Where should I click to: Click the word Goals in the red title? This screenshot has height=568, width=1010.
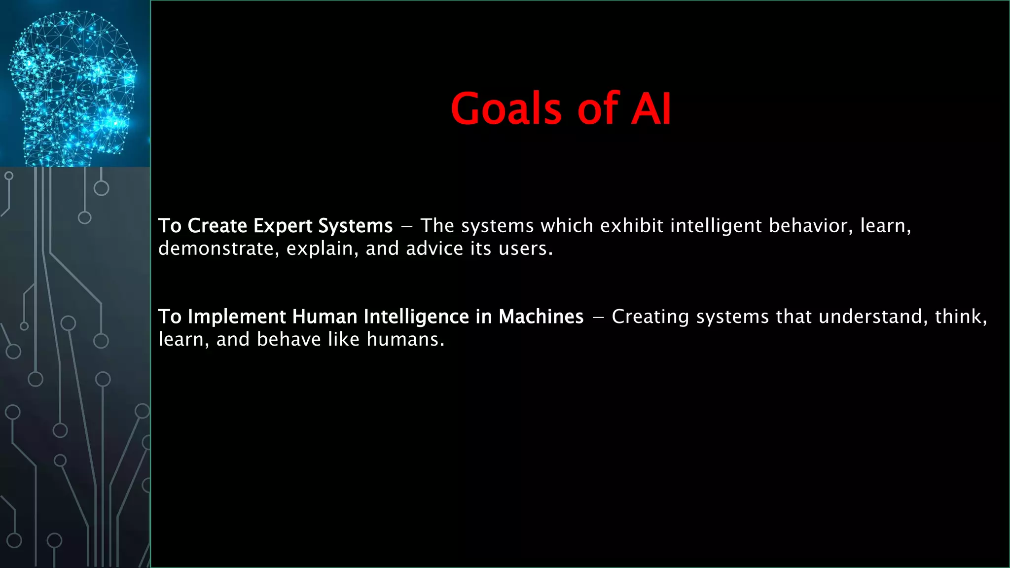[x=506, y=109]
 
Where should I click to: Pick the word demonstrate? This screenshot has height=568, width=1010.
[x=216, y=249]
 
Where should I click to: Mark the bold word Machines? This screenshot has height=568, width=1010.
[x=541, y=317]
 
